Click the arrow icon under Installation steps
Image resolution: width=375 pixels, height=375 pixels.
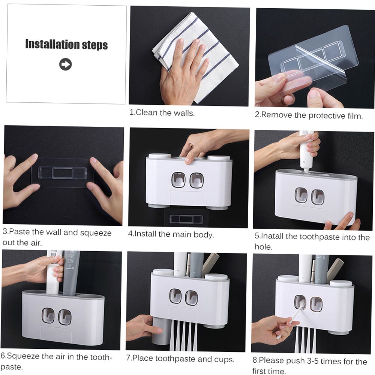coord(66,64)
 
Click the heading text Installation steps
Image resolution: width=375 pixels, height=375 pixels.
coord(66,45)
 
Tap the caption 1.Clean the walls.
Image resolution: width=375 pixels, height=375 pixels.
coord(162,112)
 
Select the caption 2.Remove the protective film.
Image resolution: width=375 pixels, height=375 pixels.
coord(309,115)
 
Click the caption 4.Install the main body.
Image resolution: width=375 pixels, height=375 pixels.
coord(171,234)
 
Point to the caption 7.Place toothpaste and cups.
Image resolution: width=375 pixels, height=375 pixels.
coord(180,359)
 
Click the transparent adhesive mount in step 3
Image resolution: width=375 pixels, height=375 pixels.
coord(63,172)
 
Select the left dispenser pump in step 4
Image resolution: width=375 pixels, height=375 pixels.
coord(178,180)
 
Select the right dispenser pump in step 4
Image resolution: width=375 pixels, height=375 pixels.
coord(196,180)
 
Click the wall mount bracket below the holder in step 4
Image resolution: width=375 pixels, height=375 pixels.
coord(186,219)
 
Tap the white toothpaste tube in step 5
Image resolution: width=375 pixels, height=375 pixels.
coord(306,151)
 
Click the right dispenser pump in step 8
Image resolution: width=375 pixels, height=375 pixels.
coord(316,304)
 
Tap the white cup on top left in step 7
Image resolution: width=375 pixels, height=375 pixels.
coord(163,272)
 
